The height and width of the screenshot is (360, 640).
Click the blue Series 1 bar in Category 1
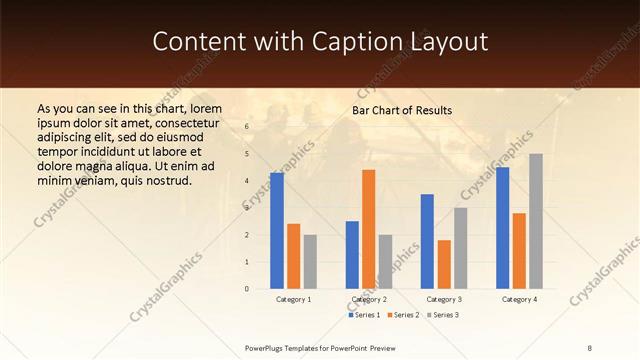pos(277,231)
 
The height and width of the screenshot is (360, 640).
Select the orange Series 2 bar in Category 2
pos(369,229)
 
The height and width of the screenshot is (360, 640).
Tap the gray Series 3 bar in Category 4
pos(536,221)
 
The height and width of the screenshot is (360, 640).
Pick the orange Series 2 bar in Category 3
pos(444,264)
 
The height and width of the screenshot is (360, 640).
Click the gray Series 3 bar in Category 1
pos(310,262)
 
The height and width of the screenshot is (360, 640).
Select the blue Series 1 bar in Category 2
pos(352,255)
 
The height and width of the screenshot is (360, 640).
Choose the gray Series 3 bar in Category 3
pos(461,248)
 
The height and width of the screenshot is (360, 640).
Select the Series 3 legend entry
pos(444,315)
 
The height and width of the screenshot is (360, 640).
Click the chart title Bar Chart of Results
pos(402,110)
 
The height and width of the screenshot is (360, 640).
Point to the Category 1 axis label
pos(294,299)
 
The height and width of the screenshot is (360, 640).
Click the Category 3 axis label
pos(444,299)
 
